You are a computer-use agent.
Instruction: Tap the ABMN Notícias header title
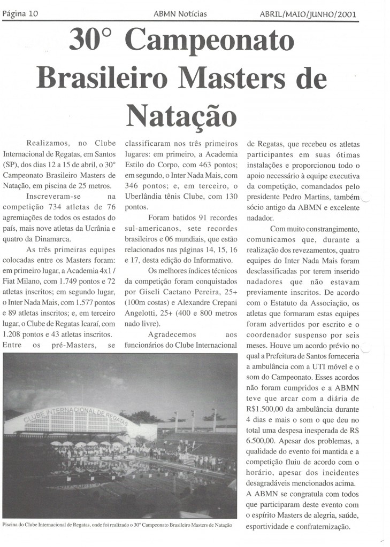[x=180, y=14]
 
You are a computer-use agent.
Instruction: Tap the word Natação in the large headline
[x=182, y=113]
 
